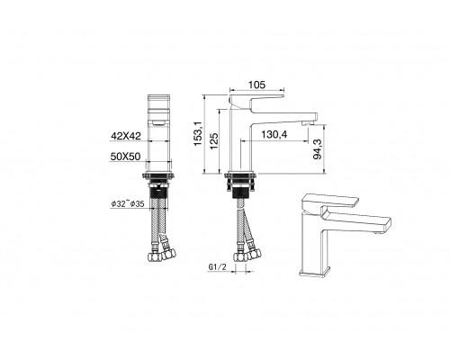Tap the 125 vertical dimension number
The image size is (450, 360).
coord(214,140)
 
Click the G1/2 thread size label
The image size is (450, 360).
coord(216,266)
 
